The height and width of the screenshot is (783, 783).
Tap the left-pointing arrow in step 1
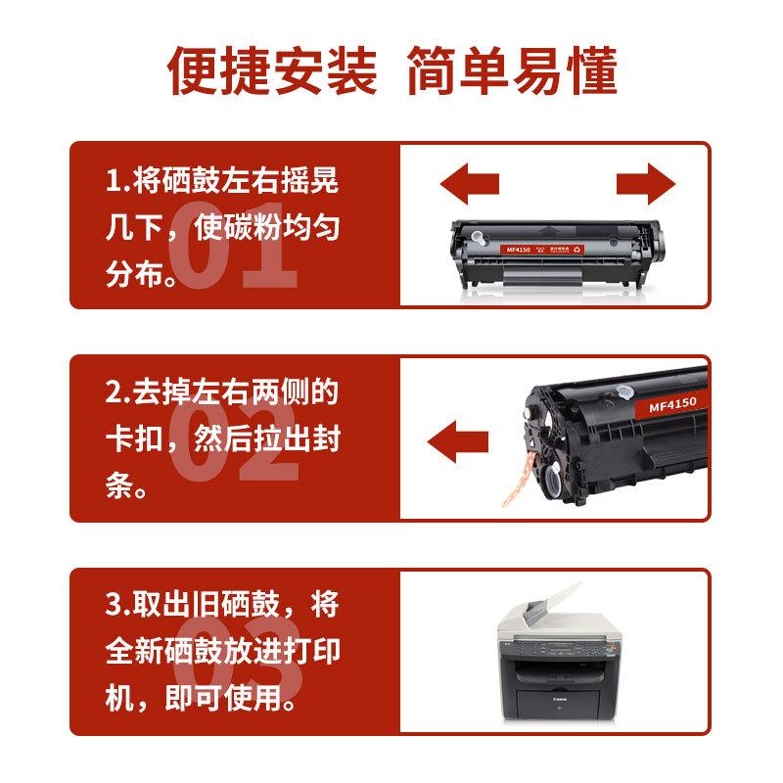(x=469, y=183)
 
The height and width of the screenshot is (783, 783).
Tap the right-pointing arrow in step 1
(x=646, y=183)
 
